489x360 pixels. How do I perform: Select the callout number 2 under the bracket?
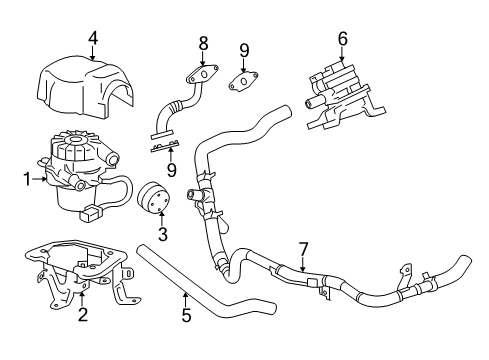[82, 316]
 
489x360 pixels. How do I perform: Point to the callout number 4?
[92, 40]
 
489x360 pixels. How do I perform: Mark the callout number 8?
[203, 43]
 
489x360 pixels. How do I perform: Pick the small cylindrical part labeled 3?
[157, 199]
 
